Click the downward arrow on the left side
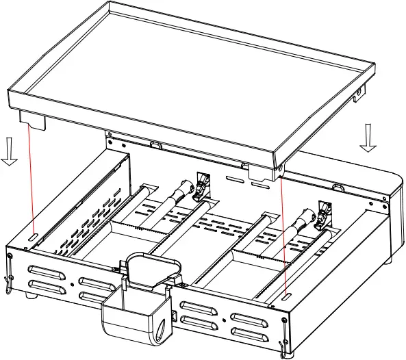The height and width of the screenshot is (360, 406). pyautogui.click(x=9, y=151)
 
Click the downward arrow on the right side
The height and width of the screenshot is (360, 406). pyautogui.click(x=368, y=136)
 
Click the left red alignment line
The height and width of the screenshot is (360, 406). pyautogui.click(x=31, y=178)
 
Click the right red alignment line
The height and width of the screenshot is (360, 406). pyautogui.click(x=283, y=233)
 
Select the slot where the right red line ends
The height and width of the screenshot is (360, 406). pyautogui.click(x=285, y=296)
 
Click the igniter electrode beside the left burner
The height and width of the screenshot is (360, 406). pyautogui.click(x=203, y=185)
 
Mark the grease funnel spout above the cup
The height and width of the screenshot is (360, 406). pyautogui.click(x=149, y=274)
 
